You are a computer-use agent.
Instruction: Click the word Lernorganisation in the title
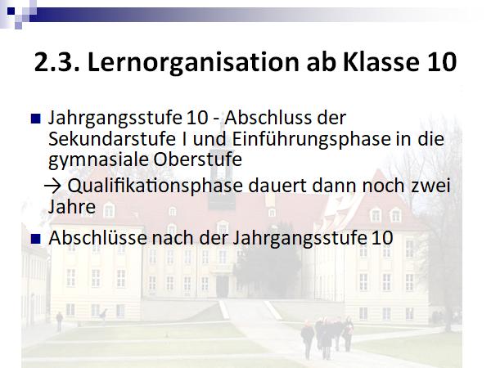click(193, 63)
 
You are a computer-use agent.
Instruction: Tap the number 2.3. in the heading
click(56, 62)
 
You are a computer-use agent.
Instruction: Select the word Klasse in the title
click(381, 62)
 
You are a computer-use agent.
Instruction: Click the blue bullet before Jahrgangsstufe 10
click(36, 119)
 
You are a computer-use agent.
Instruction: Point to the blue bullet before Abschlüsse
click(36, 239)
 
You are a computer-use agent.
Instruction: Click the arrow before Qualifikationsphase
click(53, 186)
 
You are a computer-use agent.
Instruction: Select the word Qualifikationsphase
click(155, 186)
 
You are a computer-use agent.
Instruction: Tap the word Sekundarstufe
click(112, 139)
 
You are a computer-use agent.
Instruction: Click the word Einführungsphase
click(311, 140)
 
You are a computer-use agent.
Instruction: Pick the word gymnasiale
click(98, 160)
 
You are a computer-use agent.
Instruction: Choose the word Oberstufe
click(197, 159)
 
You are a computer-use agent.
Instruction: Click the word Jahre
click(72, 207)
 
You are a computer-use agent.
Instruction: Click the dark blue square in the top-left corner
click(11, 11)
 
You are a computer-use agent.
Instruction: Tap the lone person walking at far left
click(59, 321)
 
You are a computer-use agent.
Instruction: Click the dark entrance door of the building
click(223, 287)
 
